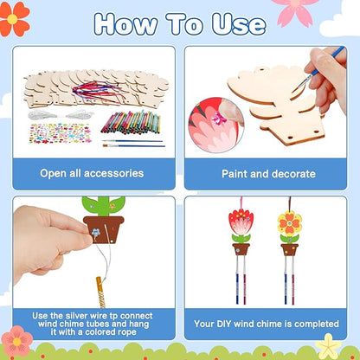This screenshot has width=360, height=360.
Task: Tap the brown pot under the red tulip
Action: click(x=240, y=249)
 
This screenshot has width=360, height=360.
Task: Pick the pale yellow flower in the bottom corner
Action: click(x=329, y=346)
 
